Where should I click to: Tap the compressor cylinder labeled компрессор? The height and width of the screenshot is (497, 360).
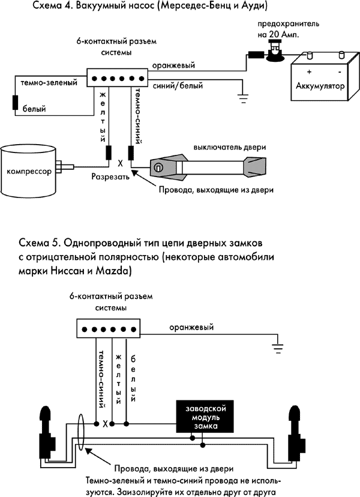28,170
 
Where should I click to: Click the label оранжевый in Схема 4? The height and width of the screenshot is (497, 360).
173,65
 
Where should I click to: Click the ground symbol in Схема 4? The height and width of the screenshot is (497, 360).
242,95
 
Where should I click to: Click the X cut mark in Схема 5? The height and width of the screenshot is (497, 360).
106,424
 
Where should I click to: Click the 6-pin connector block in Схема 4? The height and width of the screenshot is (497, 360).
118,78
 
